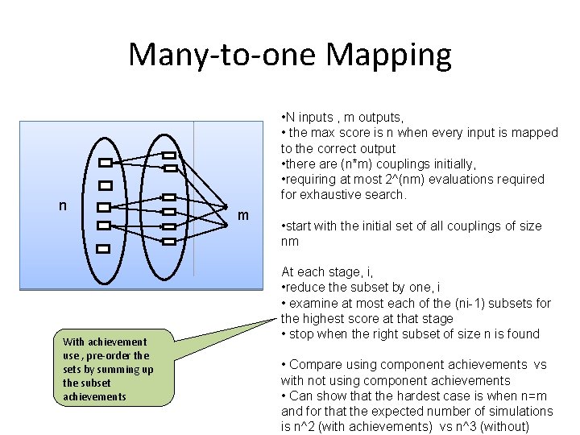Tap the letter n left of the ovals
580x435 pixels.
63,206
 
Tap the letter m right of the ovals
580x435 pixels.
242,216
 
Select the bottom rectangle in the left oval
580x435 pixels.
102,249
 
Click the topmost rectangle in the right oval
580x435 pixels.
169,155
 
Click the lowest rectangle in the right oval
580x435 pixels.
169,241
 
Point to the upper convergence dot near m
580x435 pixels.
225,206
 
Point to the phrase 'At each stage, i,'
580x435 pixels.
326,272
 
